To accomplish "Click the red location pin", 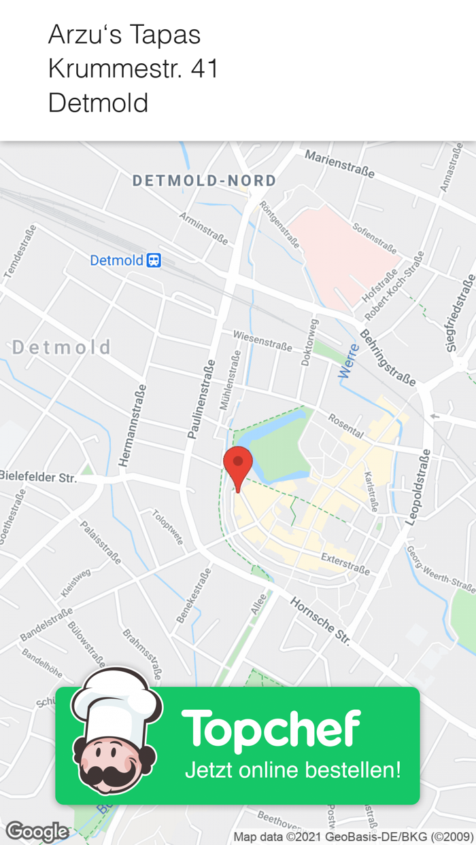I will [238, 465].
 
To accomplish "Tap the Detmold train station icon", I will [154, 260].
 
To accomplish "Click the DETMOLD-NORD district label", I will [204, 181].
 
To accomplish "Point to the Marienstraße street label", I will [339, 164].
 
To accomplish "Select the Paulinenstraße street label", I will [201, 399].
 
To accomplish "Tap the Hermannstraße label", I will [133, 425].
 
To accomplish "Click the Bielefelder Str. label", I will [38, 478].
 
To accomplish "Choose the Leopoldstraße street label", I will [418, 487].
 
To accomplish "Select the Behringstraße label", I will [387, 358].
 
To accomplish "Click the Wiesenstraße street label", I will [262, 340].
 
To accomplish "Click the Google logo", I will [37, 831].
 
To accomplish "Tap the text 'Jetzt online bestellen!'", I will [292, 770].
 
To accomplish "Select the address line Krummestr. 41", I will [133, 69].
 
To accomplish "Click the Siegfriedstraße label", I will [460, 313].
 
